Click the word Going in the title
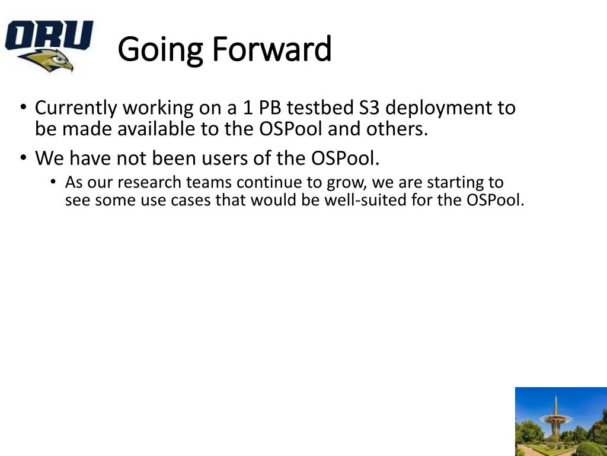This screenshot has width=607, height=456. pyautogui.click(x=160, y=50)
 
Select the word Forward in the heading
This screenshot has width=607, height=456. pyautogui.click(x=272, y=49)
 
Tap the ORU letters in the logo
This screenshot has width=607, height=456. pyautogui.click(x=49, y=35)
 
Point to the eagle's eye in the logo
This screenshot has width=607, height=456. pyautogui.click(x=59, y=59)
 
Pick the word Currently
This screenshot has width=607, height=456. pyautogui.click(x=76, y=109)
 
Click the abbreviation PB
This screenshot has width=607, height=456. pyautogui.click(x=270, y=107)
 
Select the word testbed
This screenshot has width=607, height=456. pyautogui.click(x=320, y=107)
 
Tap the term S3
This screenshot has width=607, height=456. pyautogui.click(x=369, y=107)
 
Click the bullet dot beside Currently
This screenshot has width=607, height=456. pyautogui.click(x=24, y=106)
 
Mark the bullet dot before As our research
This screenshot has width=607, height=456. pyautogui.click(x=53, y=181)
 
